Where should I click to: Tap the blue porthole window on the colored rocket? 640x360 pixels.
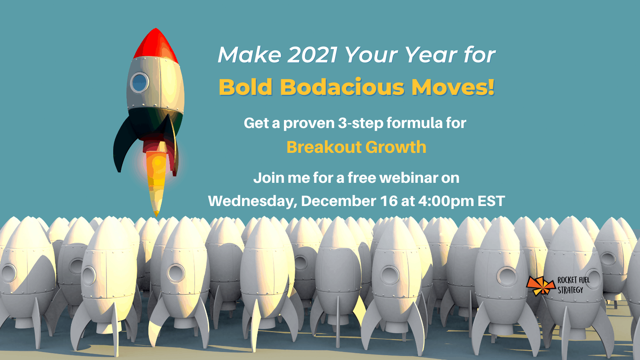click(x=140, y=82)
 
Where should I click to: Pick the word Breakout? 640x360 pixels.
click(x=324, y=147)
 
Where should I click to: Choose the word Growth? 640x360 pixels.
click(x=396, y=147)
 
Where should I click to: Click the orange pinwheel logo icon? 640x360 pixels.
click(x=540, y=286)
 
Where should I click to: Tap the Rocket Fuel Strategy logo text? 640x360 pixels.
click(x=574, y=285)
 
